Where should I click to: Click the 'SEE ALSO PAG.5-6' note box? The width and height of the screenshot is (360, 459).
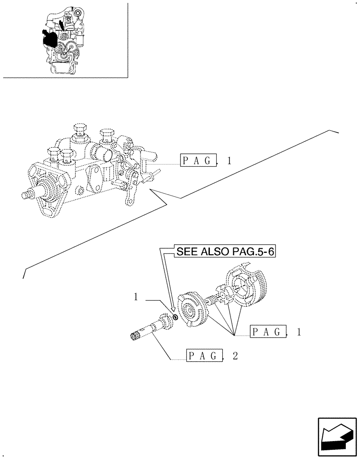[x=224, y=252]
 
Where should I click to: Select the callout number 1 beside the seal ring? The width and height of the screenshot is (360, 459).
[x=136, y=298]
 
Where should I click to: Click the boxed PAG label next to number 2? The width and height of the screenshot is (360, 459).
[x=205, y=356]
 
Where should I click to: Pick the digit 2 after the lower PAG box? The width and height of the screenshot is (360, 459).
[x=235, y=357]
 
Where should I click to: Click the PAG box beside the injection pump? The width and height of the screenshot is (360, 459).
[x=198, y=160]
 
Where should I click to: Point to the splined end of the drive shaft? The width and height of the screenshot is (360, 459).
[x=135, y=338]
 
